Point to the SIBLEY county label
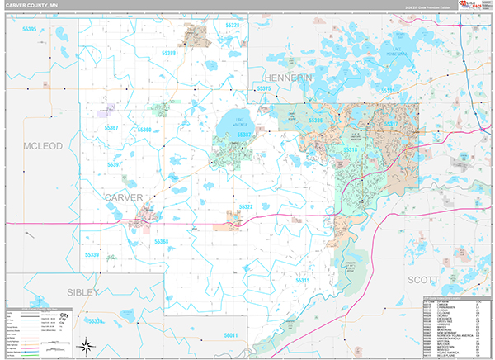(x=82, y=292)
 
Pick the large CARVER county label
(x=124, y=197)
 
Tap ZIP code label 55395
(x=30, y=29)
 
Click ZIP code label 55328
(x=232, y=26)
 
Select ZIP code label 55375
(x=264, y=88)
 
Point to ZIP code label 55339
(x=92, y=255)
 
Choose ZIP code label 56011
(x=230, y=335)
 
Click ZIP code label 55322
(x=245, y=207)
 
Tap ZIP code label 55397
(x=114, y=164)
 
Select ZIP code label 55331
(x=390, y=124)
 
